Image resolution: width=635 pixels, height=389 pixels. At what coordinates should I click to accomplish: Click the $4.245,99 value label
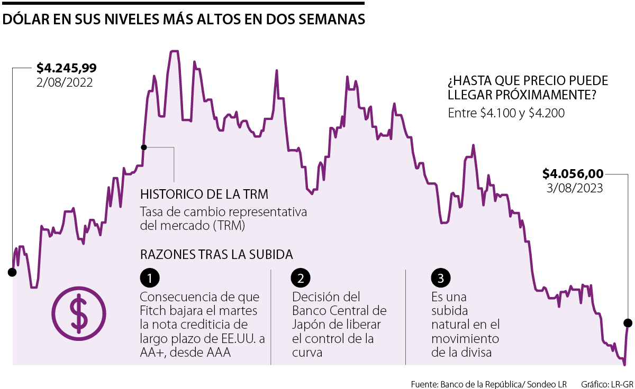(66, 68)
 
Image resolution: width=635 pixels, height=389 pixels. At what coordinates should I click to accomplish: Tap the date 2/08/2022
(65, 82)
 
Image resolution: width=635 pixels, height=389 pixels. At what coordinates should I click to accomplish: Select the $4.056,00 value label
(573, 173)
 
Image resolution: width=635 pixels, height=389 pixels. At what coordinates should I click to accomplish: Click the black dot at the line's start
(12, 272)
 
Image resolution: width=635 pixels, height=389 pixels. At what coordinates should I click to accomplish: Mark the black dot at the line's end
(628, 323)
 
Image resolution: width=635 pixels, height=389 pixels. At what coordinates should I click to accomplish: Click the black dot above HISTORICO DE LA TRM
(143, 147)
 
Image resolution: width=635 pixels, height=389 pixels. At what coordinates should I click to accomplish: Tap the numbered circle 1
(150, 278)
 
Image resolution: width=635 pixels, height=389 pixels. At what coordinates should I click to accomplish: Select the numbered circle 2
(301, 278)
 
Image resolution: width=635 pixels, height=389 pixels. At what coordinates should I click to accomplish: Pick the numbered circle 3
(441, 278)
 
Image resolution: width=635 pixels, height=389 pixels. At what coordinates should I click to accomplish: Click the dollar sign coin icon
(79, 313)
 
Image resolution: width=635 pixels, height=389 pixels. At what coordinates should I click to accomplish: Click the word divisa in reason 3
(477, 352)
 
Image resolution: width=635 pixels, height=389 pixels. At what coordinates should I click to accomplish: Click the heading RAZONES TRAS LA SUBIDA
(216, 254)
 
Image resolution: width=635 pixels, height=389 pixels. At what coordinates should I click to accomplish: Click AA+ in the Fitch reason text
(153, 352)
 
